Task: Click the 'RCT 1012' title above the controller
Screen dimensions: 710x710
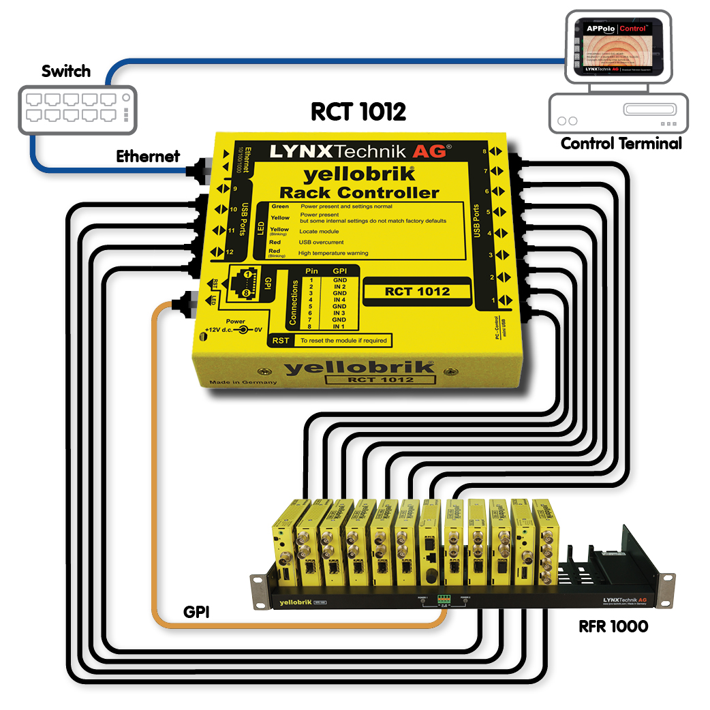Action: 358,111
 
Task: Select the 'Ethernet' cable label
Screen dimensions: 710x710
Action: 148,156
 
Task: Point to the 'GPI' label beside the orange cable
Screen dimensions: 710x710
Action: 196,612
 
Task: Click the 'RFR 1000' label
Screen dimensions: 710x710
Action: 613,625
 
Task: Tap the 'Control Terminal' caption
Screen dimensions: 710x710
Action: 621,144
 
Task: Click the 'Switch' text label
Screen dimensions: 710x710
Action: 66,71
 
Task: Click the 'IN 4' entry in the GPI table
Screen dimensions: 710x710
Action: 339,300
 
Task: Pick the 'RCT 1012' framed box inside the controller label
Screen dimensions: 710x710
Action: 417,292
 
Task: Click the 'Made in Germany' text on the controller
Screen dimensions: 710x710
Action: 243,382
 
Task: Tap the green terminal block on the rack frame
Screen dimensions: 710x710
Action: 444,600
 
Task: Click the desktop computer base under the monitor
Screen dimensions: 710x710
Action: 619,113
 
